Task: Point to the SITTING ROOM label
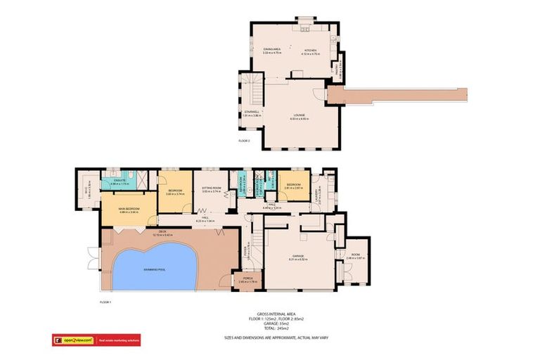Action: point(212,189)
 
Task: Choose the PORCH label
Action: point(247,278)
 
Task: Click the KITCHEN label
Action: point(310,50)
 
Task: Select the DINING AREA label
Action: point(272,50)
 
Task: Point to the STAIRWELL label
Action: point(252,112)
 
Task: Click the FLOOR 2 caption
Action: point(244,141)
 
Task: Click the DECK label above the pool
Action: point(162,233)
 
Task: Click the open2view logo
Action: point(73,340)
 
